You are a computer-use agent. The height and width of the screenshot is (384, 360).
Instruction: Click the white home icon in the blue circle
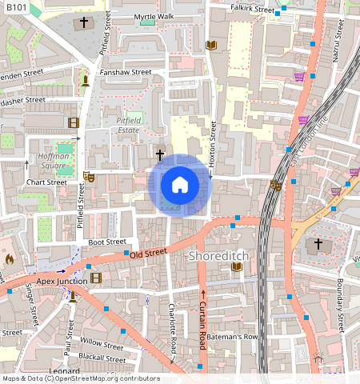point(180,186)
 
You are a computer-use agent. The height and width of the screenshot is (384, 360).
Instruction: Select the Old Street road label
point(147,252)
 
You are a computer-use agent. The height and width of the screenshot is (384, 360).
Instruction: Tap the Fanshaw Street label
point(126,72)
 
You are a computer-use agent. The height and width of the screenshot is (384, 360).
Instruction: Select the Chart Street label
point(46,182)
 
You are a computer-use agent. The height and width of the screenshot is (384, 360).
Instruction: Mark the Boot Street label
point(107,242)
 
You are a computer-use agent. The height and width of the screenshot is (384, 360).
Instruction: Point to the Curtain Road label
point(202,328)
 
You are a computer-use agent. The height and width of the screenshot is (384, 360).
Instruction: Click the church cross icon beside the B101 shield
point(82,24)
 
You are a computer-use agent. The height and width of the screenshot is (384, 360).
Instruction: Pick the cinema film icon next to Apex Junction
point(97,278)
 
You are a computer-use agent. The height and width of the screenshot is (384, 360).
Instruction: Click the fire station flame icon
point(9,259)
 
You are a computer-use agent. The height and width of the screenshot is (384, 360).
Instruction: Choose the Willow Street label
point(102,346)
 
